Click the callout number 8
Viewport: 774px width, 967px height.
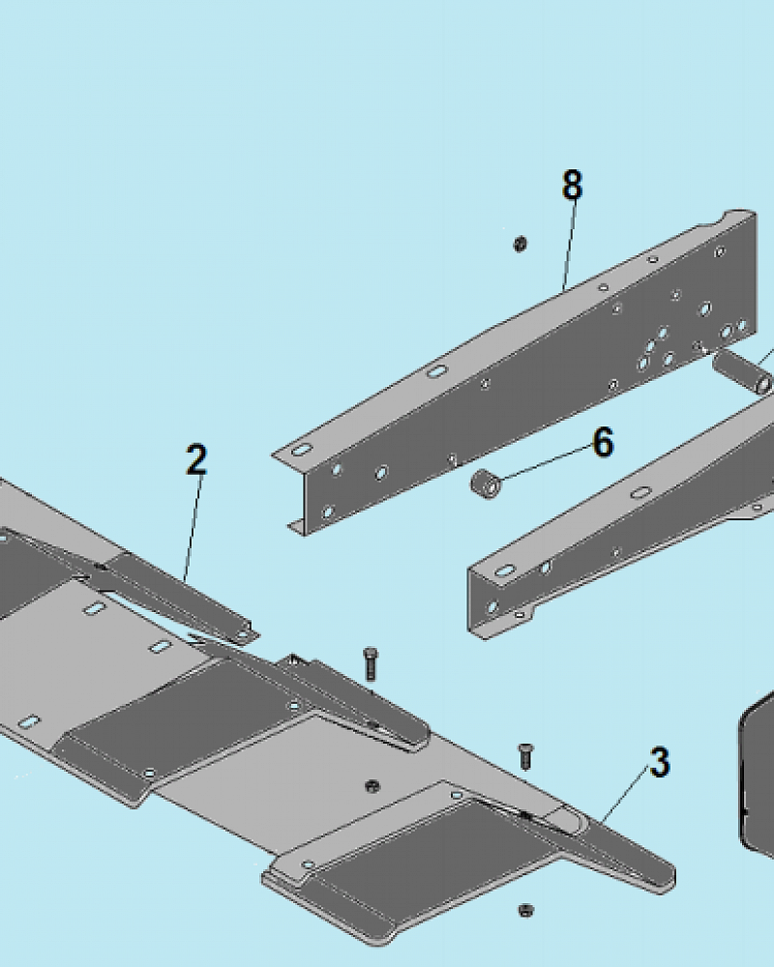[x=572, y=185]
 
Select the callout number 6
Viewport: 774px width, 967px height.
[x=603, y=442]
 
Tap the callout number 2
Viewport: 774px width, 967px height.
[x=196, y=459]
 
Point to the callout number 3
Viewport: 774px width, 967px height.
[x=660, y=762]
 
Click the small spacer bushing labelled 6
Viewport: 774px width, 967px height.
[x=487, y=483]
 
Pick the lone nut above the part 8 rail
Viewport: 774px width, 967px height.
[x=520, y=245]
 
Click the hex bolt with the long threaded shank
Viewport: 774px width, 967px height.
[x=371, y=664]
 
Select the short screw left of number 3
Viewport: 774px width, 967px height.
[x=525, y=756]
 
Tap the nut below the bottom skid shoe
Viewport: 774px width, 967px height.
[x=525, y=910]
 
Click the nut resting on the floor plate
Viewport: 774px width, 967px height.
[x=372, y=786]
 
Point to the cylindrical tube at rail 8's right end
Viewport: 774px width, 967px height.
[x=742, y=372]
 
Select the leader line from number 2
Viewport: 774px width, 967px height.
[x=193, y=528]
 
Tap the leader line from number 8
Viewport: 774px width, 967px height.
[x=569, y=246]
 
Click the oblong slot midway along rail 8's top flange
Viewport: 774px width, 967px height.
[x=436, y=372]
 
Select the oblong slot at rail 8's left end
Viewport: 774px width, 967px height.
[x=301, y=451]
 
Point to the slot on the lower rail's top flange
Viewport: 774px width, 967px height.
[x=641, y=493]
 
